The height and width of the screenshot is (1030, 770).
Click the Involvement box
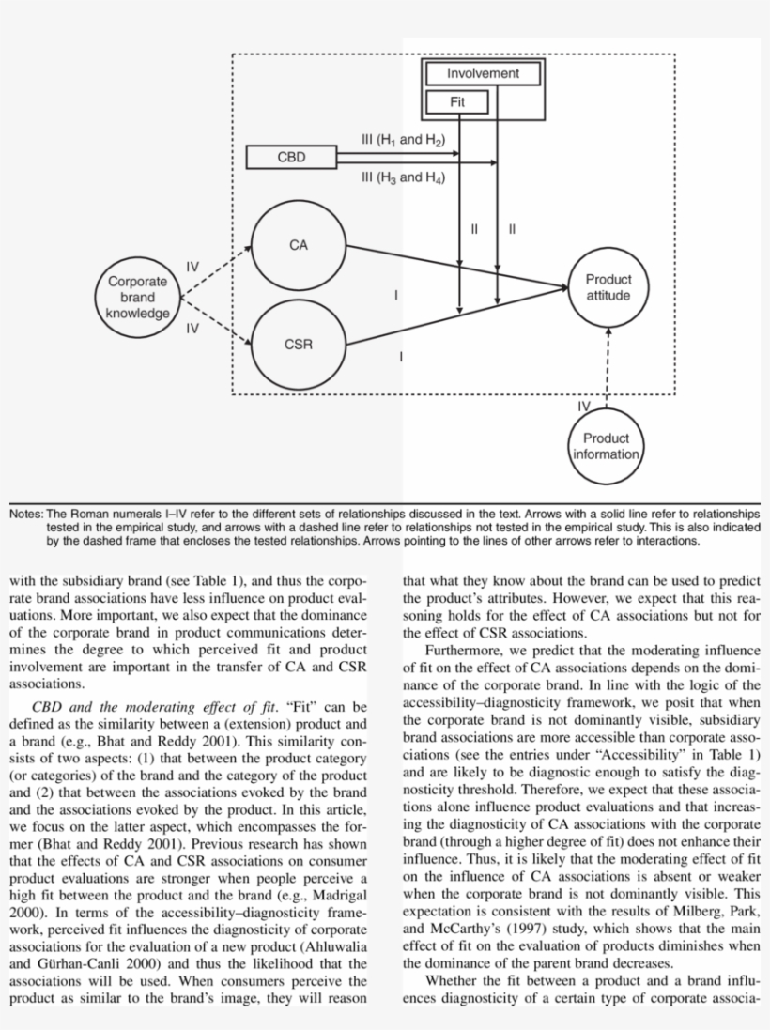pyautogui.click(x=483, y=74)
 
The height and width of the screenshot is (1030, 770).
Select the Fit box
pyautogui.click(x=456, y=101)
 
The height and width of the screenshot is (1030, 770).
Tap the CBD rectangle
pyautogui.click(x=291, y=158)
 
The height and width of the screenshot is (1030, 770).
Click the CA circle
pyautogui.click(x=298, y=246)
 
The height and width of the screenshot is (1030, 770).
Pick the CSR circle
pyautogui.click(x=298, y=345)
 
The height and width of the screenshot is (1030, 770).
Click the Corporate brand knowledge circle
pyautogui.click(x=137, y=297)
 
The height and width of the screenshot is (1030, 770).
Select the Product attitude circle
pyautogui.click(x=608, y=287)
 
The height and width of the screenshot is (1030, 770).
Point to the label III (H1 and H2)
pyautogui.click(x=402, y=139)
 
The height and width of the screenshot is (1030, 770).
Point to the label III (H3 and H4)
pyautogui.click(x=402, y=177)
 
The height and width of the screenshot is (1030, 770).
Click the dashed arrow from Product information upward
pyautogui.click(x=608, y=371)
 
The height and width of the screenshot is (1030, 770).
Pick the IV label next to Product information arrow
pyautogui.click(x=584, y=406)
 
